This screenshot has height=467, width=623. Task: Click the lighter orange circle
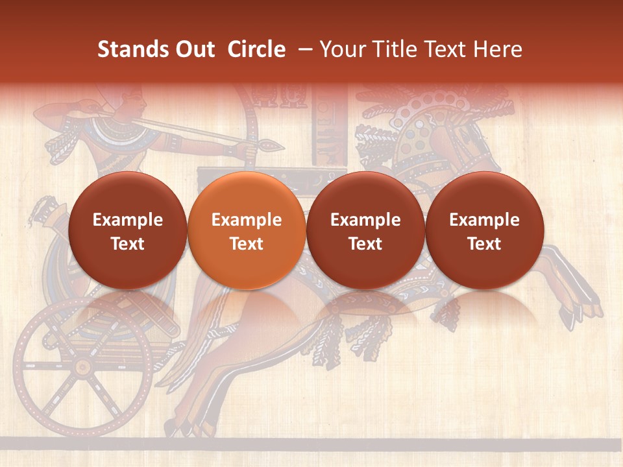(x=247, y=231)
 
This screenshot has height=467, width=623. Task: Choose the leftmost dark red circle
(x=128, y=231)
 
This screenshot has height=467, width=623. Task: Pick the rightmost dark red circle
(x=484, y=231)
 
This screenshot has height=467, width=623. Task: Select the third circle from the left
(x=365, y=231)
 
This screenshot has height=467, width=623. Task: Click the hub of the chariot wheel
(x=82, y=368)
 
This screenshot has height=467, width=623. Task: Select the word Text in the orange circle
(x=247, y=244)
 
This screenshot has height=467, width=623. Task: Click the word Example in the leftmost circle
(x=128, y=220)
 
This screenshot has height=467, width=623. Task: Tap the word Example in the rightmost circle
(x=484, y=220)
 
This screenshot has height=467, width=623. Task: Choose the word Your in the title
(x=343, y=49)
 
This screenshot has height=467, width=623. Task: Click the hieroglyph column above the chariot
(x=323, y=126)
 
